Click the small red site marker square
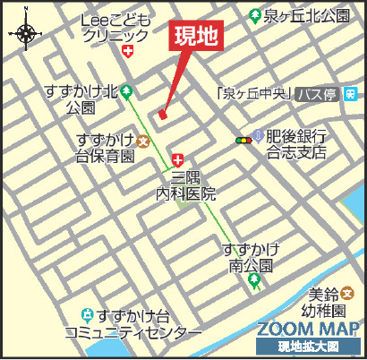click(x=162, y=114)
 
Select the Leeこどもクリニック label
click(x=114, y=28)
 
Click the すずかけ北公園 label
click(x=81, y=99)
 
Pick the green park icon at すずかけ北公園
click(x=126, y=90)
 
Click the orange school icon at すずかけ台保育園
click(x=142, y=140)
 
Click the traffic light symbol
click(x=243, y=140)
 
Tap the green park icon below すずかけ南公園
click(x=254, y=283)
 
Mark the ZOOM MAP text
click(x=307, y=328)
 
